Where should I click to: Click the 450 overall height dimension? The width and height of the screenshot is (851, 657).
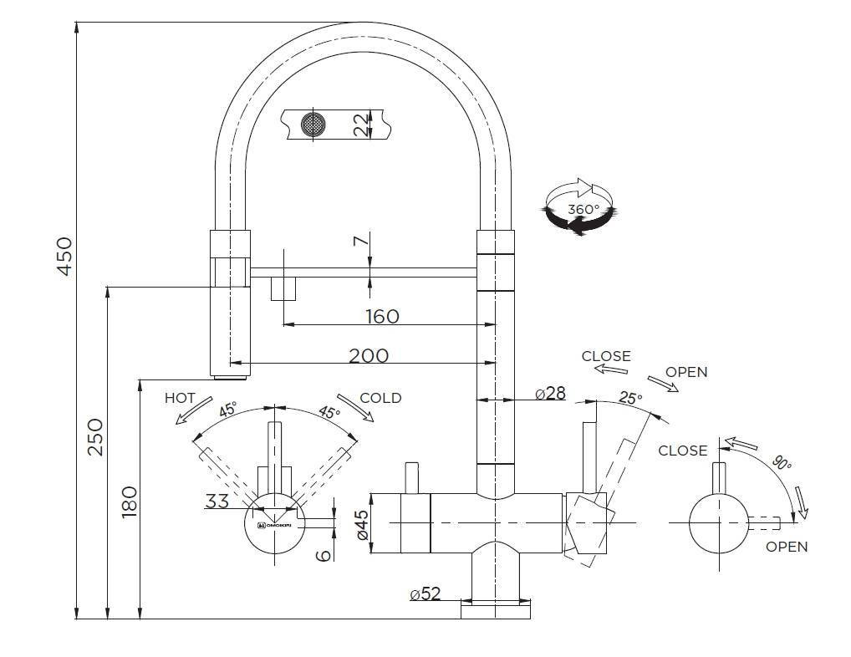click(x=64, y=255)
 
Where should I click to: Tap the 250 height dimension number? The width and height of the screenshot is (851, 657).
click(x=94, y=436)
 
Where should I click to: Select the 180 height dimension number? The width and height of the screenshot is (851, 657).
click(x=128, y=502)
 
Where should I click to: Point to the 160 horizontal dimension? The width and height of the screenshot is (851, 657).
click(x=382, y=316)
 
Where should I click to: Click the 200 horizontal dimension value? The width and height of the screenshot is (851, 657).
click(x=369, y=355)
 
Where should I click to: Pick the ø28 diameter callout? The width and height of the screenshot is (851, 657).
click(x=550, y=393)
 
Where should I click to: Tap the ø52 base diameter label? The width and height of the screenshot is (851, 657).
click(x=425, y=593)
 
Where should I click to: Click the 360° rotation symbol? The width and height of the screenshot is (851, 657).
click(x=578, y=206)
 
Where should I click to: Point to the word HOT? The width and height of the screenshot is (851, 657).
click(x=180, y=398)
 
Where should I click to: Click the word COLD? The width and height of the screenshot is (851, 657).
click(x=380, y=398)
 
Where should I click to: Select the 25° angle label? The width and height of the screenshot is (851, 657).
click(x=630, y=399)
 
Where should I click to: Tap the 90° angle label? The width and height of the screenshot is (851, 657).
click(x=782, y=464)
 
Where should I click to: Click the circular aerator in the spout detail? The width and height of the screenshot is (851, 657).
click(x=313, y=125)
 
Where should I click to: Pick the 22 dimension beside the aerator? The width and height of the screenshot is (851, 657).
click(x=360, y=125)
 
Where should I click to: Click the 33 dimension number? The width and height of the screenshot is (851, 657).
click(x=217, y=502)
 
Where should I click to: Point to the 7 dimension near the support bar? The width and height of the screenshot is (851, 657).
click(x=360, y=242)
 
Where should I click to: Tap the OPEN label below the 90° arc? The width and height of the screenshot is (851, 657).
click(x=787, y=547)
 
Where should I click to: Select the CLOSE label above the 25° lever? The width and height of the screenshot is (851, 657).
click(x=606, y=356)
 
